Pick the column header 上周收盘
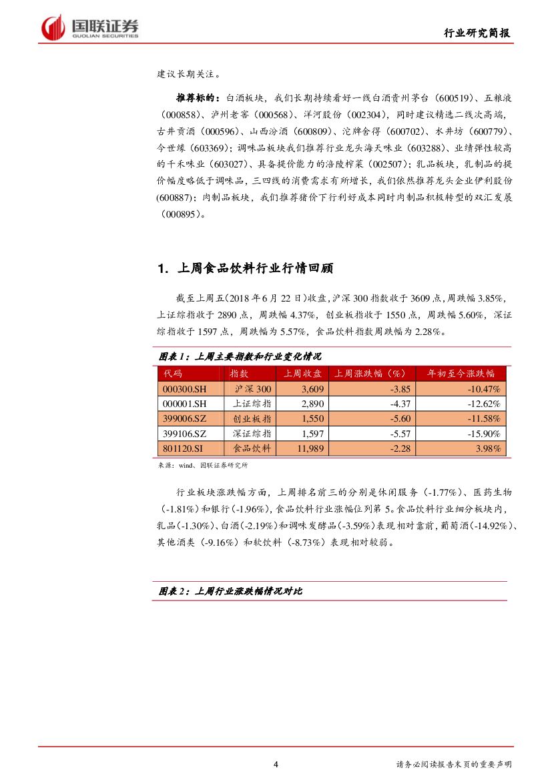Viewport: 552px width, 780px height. click(x=302, y=374)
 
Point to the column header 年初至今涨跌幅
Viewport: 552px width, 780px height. click(x=461, y=374)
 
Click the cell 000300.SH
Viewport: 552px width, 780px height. click(x=185, y=389)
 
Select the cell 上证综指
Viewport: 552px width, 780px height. click(x=252, y=404)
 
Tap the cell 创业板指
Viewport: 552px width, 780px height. click(x=252, y=418)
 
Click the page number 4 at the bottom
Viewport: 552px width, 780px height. click(x=276, y=765)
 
